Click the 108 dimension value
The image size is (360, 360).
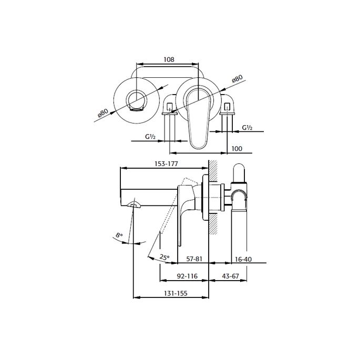[x=169, y=60]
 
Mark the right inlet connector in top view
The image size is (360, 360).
[x=227, y=108]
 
